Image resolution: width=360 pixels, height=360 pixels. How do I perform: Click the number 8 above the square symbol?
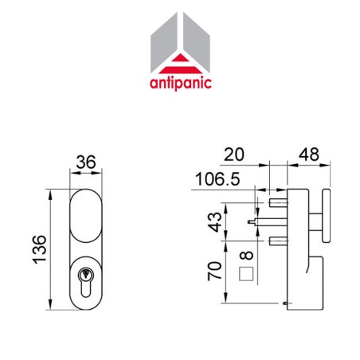point(247,256)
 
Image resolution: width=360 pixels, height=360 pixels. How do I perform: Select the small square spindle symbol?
point(247,276)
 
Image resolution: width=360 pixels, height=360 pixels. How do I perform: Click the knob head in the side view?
point(327,216)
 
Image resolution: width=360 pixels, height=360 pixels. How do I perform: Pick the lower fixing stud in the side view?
point(278,239)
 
